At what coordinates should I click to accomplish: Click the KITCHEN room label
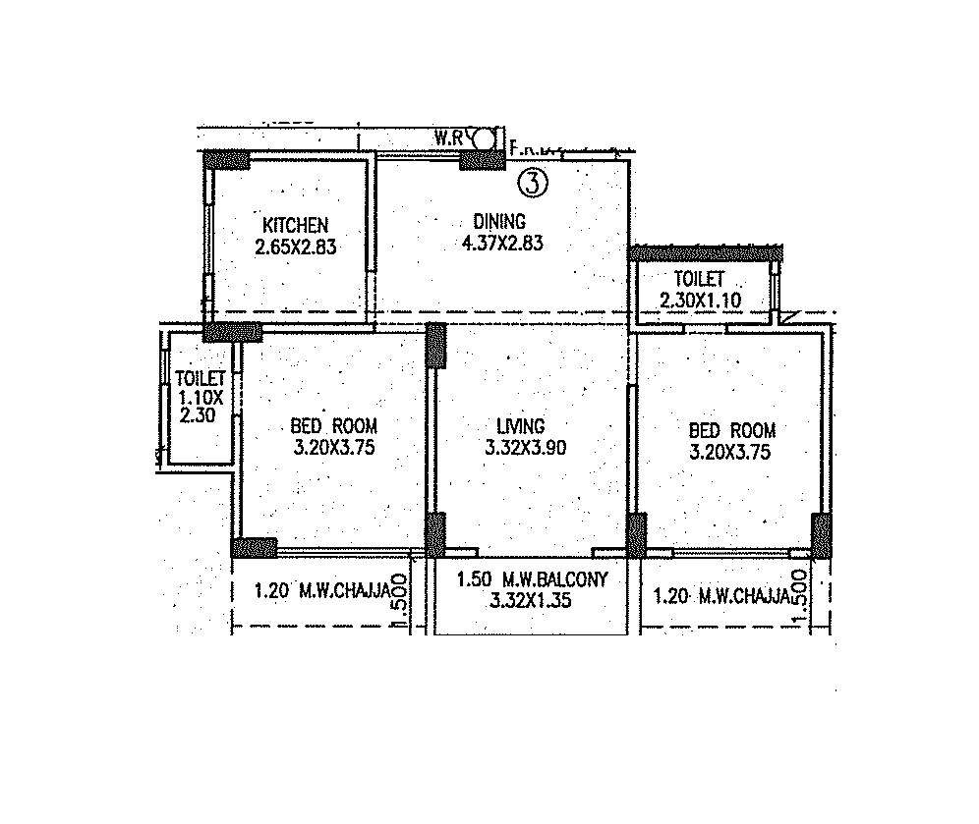[295, 225]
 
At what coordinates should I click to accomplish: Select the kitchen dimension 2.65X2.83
[295, 247]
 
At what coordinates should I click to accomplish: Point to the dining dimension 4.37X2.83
[502, 243]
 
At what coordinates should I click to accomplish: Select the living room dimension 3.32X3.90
[525, 449]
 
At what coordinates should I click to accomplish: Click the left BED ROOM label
[334, 426]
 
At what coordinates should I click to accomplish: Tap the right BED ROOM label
[732, 430]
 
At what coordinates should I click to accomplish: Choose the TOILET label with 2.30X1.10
[699, 280]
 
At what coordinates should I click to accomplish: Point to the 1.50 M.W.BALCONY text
[533, 578]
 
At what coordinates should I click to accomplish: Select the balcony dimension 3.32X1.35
[530, 599]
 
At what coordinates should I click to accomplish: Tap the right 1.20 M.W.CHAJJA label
[721, 595]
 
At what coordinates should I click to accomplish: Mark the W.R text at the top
[448, 137]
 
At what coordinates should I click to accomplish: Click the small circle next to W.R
[484, 137]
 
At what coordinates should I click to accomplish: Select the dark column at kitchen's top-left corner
[226, 159]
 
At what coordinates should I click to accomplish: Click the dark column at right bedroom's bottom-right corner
[820, 535]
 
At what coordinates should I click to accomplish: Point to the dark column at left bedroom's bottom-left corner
[254, 547]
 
